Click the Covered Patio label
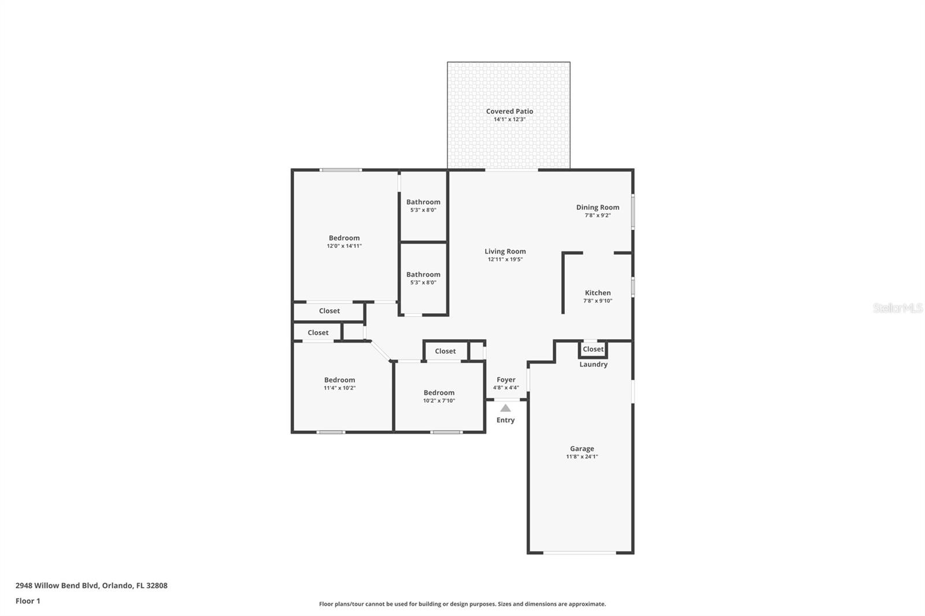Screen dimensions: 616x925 tap(509, 112)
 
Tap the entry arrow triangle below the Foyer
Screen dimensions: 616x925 tap(505, 408)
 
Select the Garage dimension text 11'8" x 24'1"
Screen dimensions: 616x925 tap(582, 457)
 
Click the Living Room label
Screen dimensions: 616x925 tap(505, 251)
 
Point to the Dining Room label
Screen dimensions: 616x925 tap(597, 207)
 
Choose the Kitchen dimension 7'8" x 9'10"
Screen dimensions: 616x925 tap(597, 300)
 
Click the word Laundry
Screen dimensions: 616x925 tap(593, 365)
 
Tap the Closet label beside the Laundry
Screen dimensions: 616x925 tap(593, 349)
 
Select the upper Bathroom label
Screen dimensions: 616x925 tap(423, 202)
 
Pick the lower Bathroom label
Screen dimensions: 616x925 tap(423, 275)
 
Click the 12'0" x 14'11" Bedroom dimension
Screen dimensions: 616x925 tap(344, 246)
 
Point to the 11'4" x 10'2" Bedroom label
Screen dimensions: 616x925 tap(339, 380)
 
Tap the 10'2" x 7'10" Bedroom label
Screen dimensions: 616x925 tap(439, 393)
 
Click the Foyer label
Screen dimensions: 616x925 tap(506, 380)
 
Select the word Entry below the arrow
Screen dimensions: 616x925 tap(505, 420)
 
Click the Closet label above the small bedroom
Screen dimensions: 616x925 tap(445, 351)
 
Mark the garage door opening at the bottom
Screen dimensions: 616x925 tap(580, 553)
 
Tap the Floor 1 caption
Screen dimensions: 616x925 tap(28, 601)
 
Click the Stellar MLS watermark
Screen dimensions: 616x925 tap(897, 308)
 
